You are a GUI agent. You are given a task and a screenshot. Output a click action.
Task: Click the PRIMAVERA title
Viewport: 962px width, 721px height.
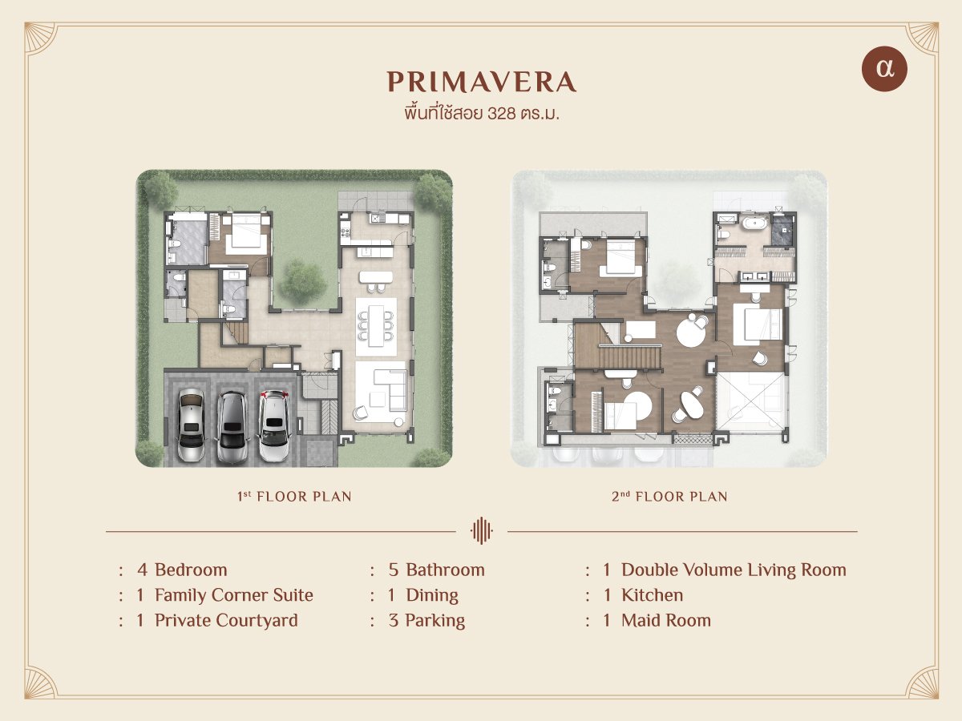pyautogui.click(x=481, y=82)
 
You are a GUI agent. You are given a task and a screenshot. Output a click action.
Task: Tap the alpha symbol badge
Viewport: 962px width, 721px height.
pyautogui.click(x=884, y=69)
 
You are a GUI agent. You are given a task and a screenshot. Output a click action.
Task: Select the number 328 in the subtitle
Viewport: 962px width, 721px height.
pyautogui.click(x=501, y=114)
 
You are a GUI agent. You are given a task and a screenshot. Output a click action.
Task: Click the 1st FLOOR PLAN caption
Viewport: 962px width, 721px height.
pyautogui.click(x=294, y=497)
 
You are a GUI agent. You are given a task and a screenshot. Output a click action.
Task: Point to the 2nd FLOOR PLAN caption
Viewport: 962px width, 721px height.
pyautogui.click(x=669, y=497)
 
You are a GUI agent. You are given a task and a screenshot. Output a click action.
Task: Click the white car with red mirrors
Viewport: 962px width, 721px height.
pyautogui.click(x=274, y=426)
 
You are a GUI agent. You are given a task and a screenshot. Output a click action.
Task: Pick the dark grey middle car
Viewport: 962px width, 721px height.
pyautogui.click(x=232, y=427)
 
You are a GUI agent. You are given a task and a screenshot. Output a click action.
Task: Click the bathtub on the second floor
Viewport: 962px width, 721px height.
pyautogui.click(x=754, y=225)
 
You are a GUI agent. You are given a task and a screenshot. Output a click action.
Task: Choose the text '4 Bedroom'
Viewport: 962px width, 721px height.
pyautogui.click(x=182, y=570)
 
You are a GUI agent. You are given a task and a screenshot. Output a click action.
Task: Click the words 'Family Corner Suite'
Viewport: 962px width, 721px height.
pyautogui.click(x=234, y=595)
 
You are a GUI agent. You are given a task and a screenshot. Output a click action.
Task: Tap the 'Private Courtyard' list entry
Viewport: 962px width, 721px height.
pyautogui.click(x=226, y=621)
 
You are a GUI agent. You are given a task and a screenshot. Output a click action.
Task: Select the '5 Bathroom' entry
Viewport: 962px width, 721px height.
pyautogui.click(x=437, y=570)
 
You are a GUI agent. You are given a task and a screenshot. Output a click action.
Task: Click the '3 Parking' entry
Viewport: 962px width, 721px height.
pyautogui.click(x=426, y=621)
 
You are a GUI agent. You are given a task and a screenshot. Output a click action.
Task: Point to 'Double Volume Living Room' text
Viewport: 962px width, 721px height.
pyautogui.click(x=734, y=570)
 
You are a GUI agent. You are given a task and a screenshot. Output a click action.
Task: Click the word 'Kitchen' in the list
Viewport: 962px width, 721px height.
pyautogui.click(x=652, y=595)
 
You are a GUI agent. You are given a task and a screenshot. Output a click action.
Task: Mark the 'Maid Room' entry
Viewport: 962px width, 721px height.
pyautogui.click(x=666, y=621)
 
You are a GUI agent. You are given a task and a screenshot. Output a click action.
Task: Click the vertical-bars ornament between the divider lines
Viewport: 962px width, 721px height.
pyautogui.click(x=481, y=530)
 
